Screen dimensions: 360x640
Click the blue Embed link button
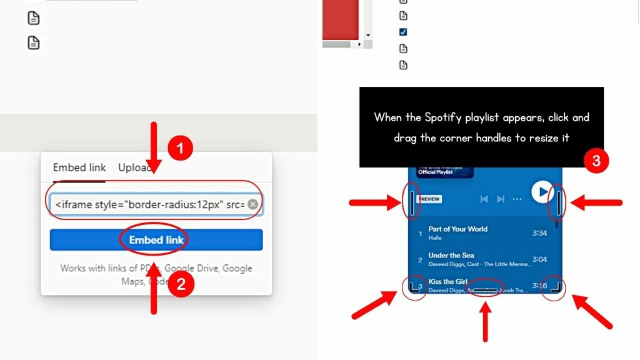pos(156,240)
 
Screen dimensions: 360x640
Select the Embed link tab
pos(79,167)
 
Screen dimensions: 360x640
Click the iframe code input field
pos(149,204)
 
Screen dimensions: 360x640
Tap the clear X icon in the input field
pos(252,204)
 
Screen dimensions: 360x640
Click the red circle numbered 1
pos(180,149)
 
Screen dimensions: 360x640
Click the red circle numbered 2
pos(180,285)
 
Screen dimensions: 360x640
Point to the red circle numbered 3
pos(596,161)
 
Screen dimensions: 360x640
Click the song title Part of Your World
pos(458,229)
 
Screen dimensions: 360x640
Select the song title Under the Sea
pos(451,256)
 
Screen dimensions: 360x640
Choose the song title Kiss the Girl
pos(448,282)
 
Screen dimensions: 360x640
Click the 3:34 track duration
pos(539,233)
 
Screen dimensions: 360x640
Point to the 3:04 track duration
pos(539,259)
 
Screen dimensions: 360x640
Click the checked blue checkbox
pos(403,32)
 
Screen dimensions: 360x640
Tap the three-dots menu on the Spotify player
pos(517,199)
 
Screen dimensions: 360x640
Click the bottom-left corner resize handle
pos(414,287)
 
